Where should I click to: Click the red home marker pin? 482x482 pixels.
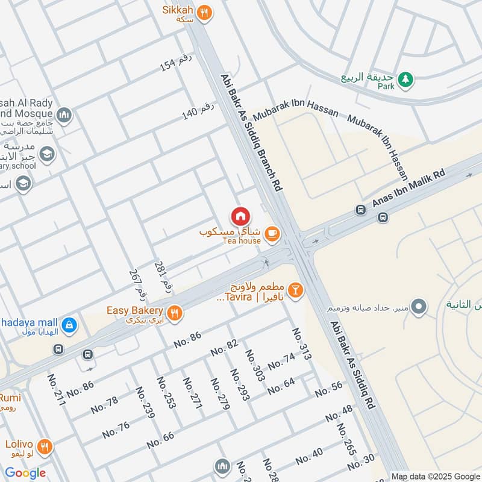(x=240, y=216)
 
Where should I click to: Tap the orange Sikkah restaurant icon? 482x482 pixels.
(x=205, y=11)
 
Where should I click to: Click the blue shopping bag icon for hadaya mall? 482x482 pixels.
(x=70, y=324)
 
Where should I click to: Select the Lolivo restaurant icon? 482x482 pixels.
(x=44, y=447)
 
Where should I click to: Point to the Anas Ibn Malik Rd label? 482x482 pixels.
(x=408, y=189)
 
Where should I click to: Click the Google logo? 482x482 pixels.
(x=25, y=473)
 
